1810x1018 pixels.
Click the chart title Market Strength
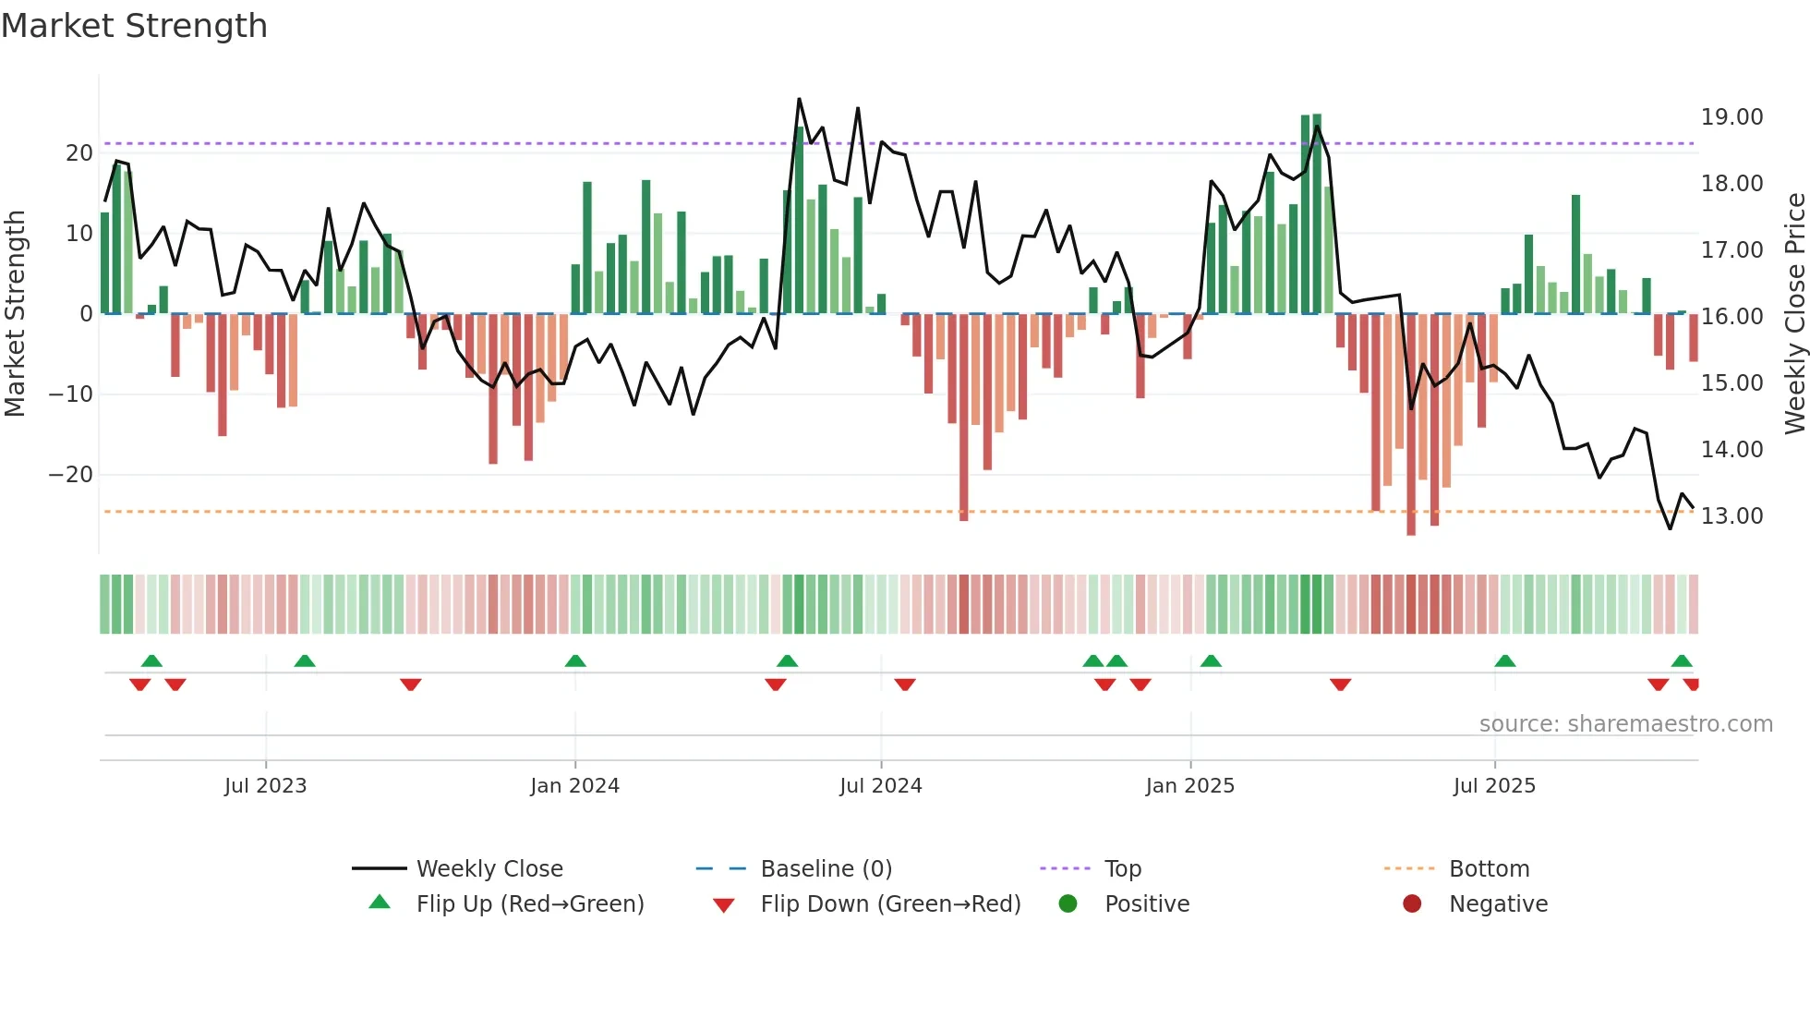click(x=134, y=26)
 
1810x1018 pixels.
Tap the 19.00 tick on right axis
click(x=1732, y=117)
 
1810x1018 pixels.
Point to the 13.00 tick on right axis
click(x=1732, y=516)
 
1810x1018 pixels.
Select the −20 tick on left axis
click(x=71, y=475)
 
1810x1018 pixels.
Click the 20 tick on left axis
click(x=79, y=153)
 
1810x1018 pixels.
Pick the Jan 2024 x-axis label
click(x=574, y=786)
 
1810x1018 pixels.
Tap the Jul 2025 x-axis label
click(x=1493, y=786)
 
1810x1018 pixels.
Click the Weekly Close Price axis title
click(x=1794, y=314)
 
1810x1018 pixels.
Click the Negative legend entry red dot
click(x=1412, y=903)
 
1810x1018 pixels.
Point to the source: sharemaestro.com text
click(x=1625, y=724)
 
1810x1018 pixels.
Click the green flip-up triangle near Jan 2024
click(x=575, y=660)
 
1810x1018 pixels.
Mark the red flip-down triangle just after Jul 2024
click(x=905, y=685)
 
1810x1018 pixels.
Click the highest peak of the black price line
click(x=799, y=99)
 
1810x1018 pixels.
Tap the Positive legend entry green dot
click(x=1068, y=903)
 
